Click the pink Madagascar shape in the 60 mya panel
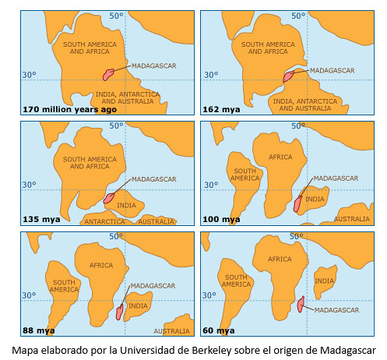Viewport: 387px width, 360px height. [x=301, y=305]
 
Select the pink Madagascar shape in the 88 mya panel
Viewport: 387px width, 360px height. [x=119, y=312]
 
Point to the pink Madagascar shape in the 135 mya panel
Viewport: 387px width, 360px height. [x=110, y=196]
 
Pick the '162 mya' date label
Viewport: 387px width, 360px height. [x=220, y=108]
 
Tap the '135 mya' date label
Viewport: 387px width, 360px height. [x=42, y=219]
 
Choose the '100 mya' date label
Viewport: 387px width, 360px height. [x=221, y=219]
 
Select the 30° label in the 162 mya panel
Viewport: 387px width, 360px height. [x=210, y=76]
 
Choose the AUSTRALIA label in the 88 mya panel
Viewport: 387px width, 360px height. [x=171, y=330]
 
